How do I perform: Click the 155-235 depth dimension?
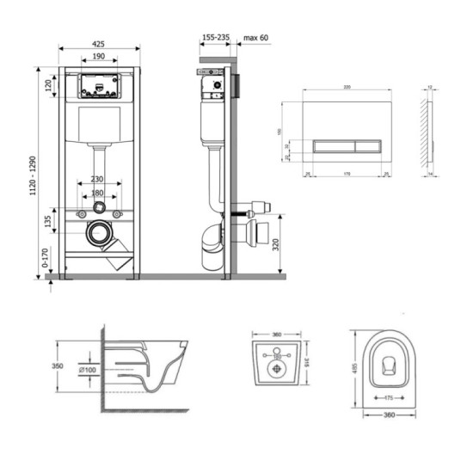(x=214, y=38)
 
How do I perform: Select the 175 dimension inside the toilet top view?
(x=387, y=399)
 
